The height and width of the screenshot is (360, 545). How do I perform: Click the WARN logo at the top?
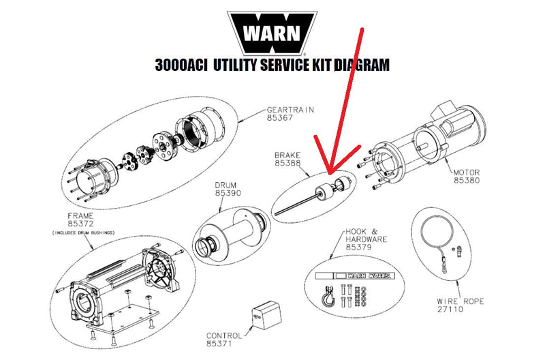point(272,33)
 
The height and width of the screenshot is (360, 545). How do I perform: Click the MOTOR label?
point(468,172)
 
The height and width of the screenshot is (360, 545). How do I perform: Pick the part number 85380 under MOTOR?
point(468,181)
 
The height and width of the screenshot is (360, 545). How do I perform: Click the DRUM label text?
point(228,185)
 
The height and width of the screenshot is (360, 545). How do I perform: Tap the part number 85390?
point(228,194)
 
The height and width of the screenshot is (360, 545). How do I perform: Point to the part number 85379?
point(359,247)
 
